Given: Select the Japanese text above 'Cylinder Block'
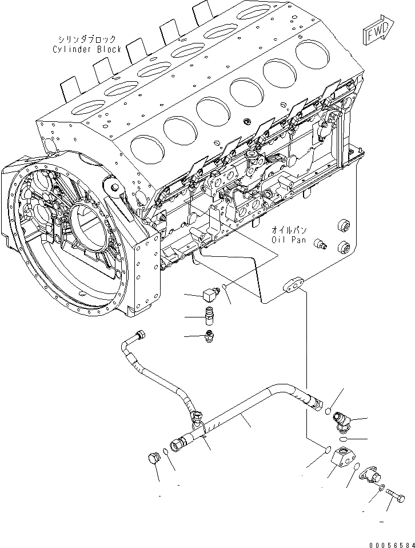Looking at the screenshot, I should tap(86, 39).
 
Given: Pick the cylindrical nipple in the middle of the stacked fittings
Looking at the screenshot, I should tap(210, 315).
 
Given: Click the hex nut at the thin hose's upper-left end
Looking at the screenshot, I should tap(139, 335).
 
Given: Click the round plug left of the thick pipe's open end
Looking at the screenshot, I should tap(153, 458).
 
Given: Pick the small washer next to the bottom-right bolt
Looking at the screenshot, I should tap(381, 487).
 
